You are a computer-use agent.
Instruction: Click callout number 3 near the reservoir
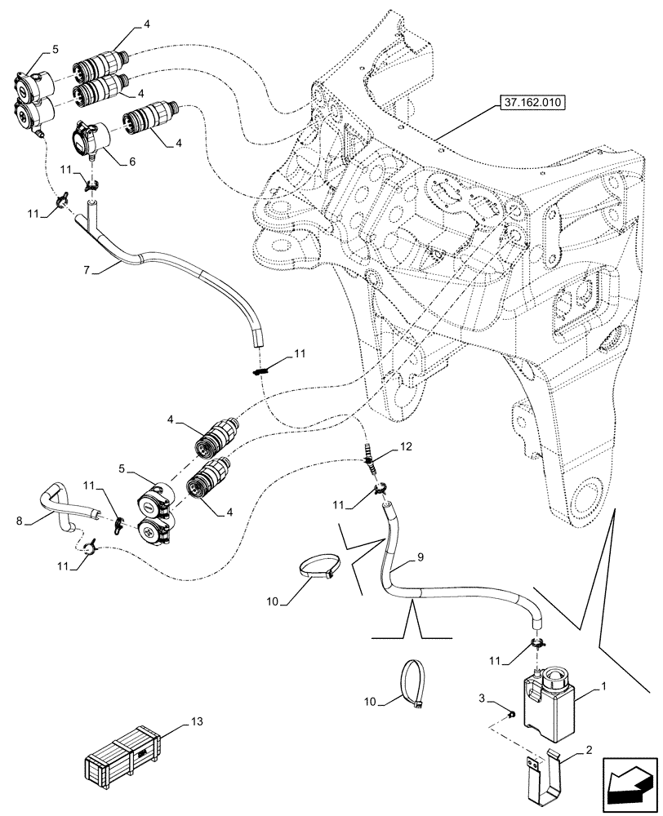pyautogui.click(x=483, y=698)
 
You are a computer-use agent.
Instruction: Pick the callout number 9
pyautogui.click(x=420, y=558)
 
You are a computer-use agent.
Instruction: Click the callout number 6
pyautogui.click(x=131, y=162)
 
